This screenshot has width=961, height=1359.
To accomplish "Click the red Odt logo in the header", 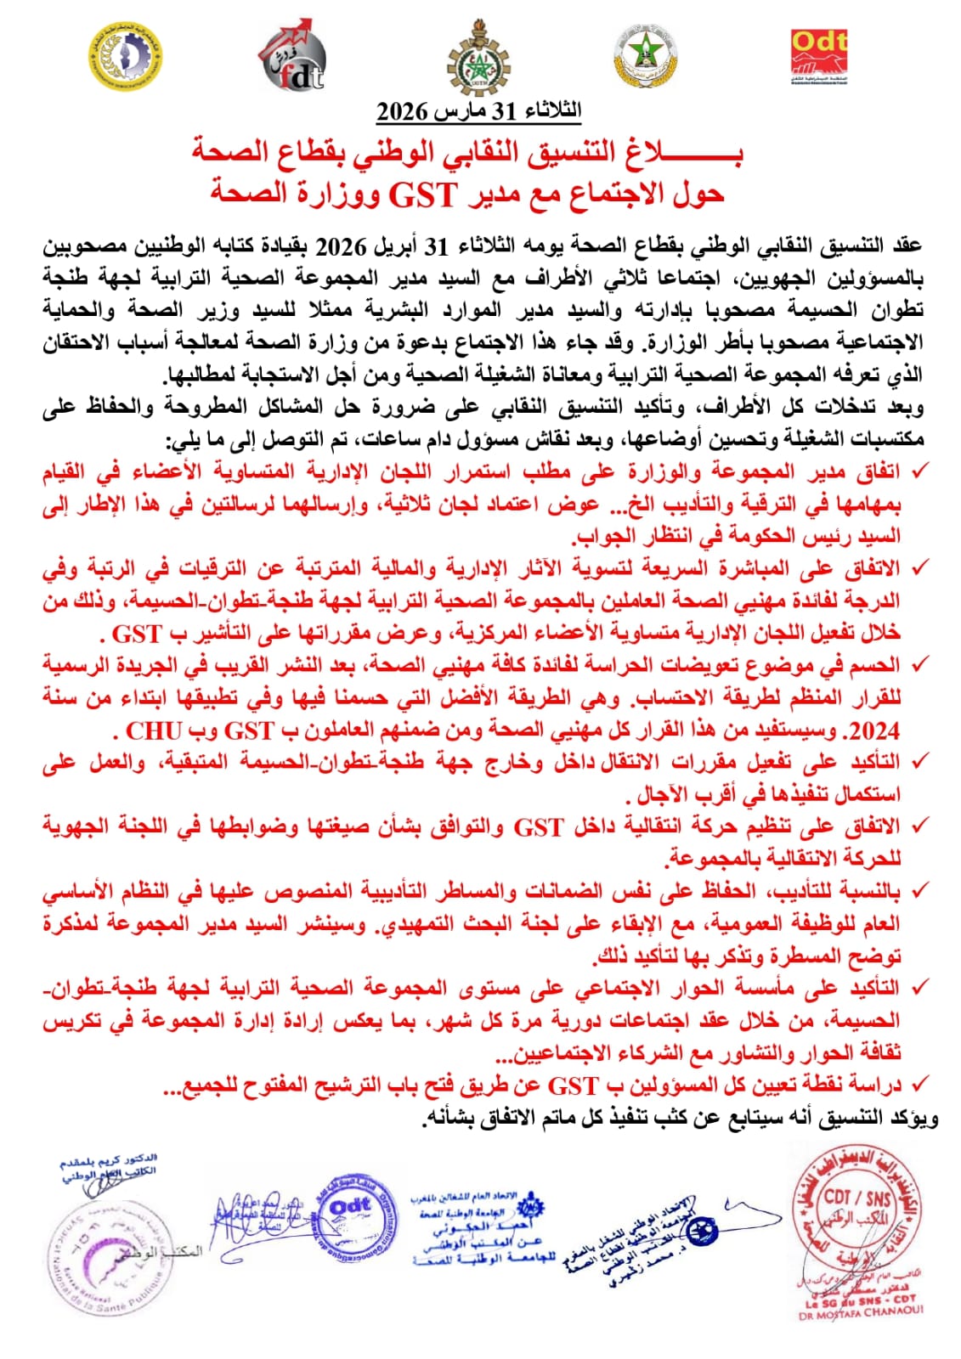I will (818, 57).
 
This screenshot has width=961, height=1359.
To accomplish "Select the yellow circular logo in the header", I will (125, 55).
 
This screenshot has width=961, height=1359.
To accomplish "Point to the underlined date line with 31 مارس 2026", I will (479, 110).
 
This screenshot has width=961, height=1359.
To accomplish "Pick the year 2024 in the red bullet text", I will (875, 731).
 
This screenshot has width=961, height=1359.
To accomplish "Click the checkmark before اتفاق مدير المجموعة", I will (917, 470).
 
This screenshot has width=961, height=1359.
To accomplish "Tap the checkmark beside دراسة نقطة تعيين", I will (917, 1084).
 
